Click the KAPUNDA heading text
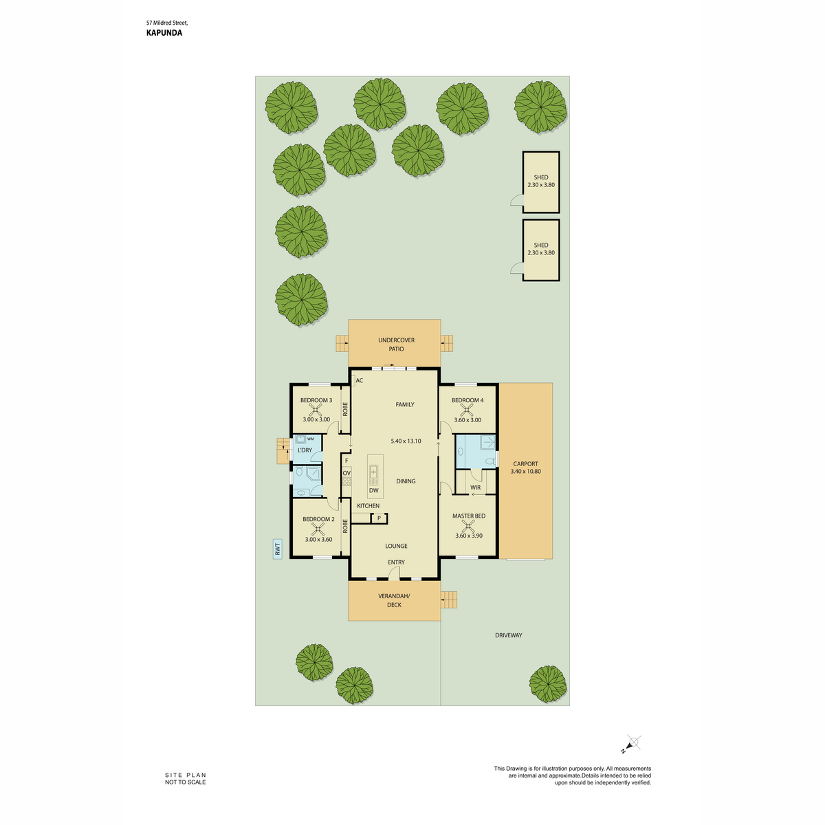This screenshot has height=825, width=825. click(x=164, y=33)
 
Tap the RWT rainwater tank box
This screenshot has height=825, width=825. click(x=278, y=549)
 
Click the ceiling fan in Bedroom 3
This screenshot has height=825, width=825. click(x=316, y=410)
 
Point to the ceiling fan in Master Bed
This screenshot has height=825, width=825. click(x=469, y=525)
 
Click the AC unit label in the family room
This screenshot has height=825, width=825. click(x=359, y=380)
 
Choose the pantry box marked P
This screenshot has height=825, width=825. click(x=379, y=518)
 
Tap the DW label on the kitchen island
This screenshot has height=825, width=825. click(x=373, y=490)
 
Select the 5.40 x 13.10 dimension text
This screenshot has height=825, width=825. click(x=406, y=441)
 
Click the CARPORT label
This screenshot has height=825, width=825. click(x=525, y=463)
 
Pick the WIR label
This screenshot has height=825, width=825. click(x=475, y=487)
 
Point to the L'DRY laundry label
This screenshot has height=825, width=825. click(x=305, y=450)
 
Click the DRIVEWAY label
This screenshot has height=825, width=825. click(x=508, y=635)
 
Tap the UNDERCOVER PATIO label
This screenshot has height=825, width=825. click(x=396, y=344)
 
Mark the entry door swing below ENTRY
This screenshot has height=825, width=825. click(x=394, y=573)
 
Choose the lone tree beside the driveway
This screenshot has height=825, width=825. click(x=547, y=684)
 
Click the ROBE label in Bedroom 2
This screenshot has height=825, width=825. click(x=345, y=526)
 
